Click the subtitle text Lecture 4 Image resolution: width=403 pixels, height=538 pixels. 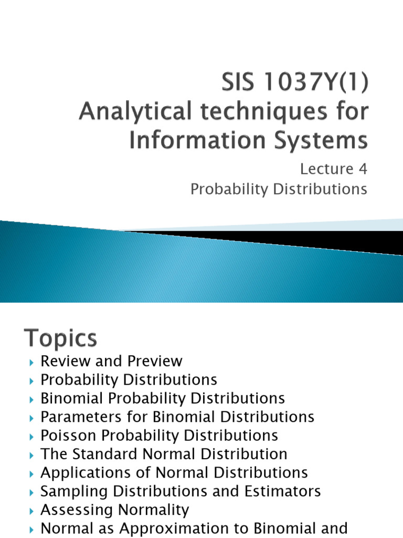(x=333, y=169)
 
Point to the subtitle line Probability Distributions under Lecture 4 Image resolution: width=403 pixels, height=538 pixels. (x=279, y=189)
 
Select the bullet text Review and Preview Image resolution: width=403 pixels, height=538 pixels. (x=111, y=361)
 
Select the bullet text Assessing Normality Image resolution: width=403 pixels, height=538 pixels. (x=114, y=510)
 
